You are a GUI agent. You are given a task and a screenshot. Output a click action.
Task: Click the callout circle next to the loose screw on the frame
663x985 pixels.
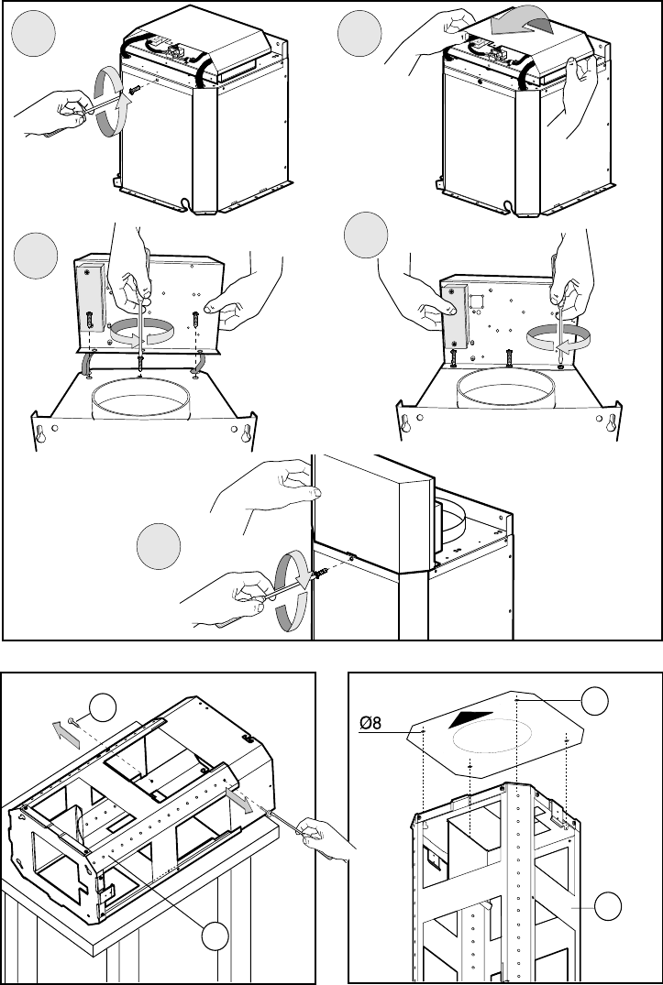103,707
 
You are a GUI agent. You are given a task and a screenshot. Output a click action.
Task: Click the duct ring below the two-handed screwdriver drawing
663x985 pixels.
138,397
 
